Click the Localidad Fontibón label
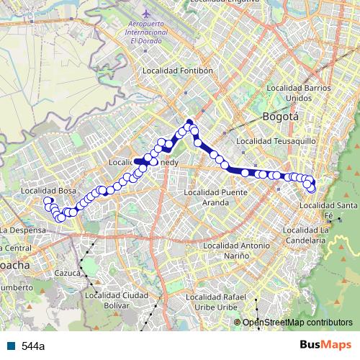(179, 71)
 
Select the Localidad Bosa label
(49, 190)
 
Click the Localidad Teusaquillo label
(276, 141)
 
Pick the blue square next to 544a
(13, 346)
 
